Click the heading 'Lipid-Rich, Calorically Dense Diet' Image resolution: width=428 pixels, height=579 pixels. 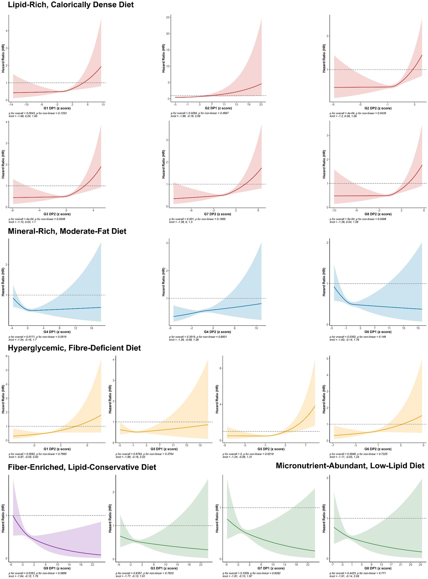71,5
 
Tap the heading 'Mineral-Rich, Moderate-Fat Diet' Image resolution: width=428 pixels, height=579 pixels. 67,231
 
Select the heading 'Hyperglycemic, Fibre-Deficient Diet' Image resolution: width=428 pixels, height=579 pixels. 74,348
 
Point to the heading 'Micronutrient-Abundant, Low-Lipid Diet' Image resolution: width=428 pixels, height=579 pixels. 350,466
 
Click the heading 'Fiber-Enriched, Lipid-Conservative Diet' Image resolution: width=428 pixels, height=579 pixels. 82,467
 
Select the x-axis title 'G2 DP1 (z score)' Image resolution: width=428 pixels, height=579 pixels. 218,108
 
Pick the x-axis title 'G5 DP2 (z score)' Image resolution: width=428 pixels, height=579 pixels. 271,449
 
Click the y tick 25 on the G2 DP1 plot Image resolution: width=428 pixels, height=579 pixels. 168,17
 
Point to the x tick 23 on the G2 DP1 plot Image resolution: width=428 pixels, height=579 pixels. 261,105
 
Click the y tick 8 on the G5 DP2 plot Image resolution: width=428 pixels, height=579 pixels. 221,368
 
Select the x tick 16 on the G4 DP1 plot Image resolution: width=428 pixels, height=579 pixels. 91,328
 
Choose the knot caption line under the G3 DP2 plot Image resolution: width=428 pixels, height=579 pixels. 22,222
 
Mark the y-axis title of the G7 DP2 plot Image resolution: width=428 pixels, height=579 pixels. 163,164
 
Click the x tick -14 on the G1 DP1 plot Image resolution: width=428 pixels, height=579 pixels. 11,105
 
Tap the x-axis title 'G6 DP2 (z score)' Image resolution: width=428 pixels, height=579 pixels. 378,449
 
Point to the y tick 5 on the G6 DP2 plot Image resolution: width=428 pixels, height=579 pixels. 327,359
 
